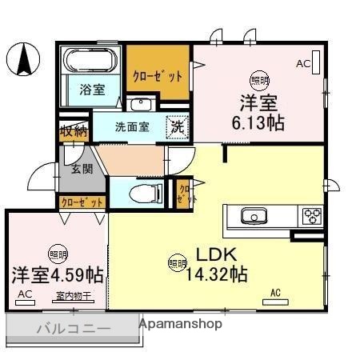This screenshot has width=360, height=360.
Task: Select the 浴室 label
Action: (91, 90)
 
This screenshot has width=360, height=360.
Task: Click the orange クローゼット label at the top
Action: (158, 76)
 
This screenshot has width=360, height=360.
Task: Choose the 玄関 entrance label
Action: (82, 169)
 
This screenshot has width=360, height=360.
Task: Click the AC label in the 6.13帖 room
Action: (303, 62)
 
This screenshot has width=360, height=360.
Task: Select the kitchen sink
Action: (255, 216)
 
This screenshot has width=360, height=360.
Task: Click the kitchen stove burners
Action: (310, 216)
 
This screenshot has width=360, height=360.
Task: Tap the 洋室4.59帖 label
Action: (57, 274)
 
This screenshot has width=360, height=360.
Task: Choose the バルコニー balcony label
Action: (73, 328)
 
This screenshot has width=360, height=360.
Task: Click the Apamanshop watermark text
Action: (180, 324)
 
